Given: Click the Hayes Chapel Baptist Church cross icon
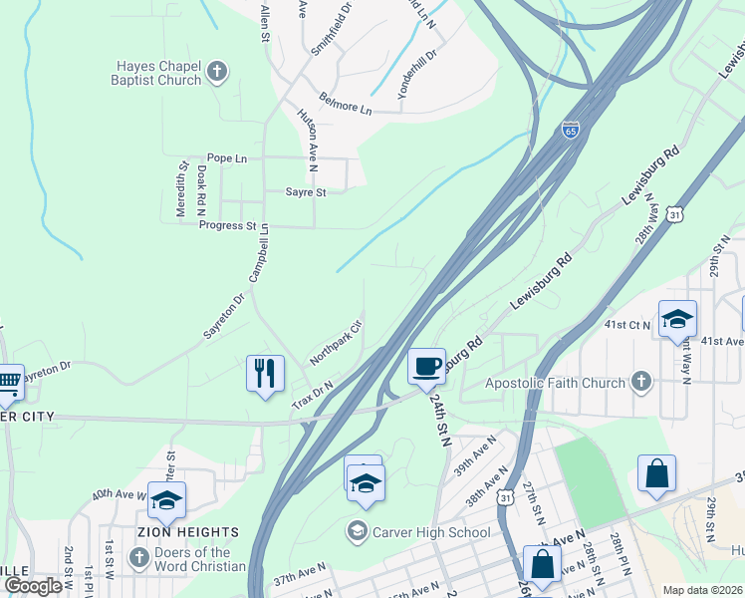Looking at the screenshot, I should coord(218,73).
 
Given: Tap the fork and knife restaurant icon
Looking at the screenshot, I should coord(265,374).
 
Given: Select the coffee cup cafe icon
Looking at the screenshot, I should coord(425,366).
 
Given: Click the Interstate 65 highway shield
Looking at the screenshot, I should coord(570,131).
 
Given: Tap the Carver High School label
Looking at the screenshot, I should coord(430,532).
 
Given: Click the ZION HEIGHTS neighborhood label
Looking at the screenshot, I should coord(195,532).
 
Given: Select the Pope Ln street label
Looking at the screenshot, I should coord(226,158).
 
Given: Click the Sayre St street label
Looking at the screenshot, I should coord(306,192).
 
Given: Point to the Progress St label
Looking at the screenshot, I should coord(227,226).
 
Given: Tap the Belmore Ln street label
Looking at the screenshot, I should coord(345,102).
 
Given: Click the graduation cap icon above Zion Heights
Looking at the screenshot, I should coord(165,499).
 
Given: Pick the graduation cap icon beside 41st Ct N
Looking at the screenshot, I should coord(677,319).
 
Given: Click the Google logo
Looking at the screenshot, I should coord(33,586).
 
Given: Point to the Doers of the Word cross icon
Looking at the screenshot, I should coord(137,558).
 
